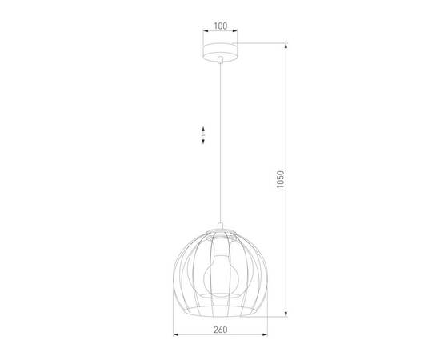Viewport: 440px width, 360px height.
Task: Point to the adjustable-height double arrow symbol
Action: pyautogui.click(x=204, y=135)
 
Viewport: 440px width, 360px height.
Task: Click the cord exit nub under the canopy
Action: pyautogui.click(x=219, y=61)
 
